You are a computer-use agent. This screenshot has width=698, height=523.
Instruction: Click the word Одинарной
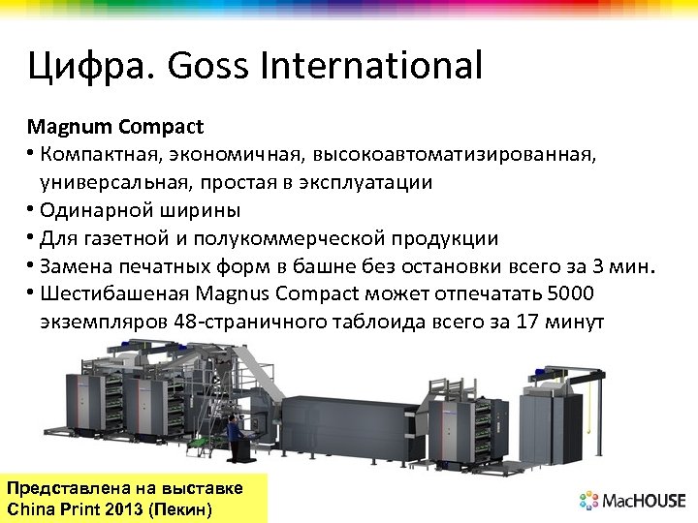tap(89, 209)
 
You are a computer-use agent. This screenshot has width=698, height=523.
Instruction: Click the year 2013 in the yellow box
tap(125, 508)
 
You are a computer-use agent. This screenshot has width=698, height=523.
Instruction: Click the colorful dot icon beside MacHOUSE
tap(589, 501)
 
